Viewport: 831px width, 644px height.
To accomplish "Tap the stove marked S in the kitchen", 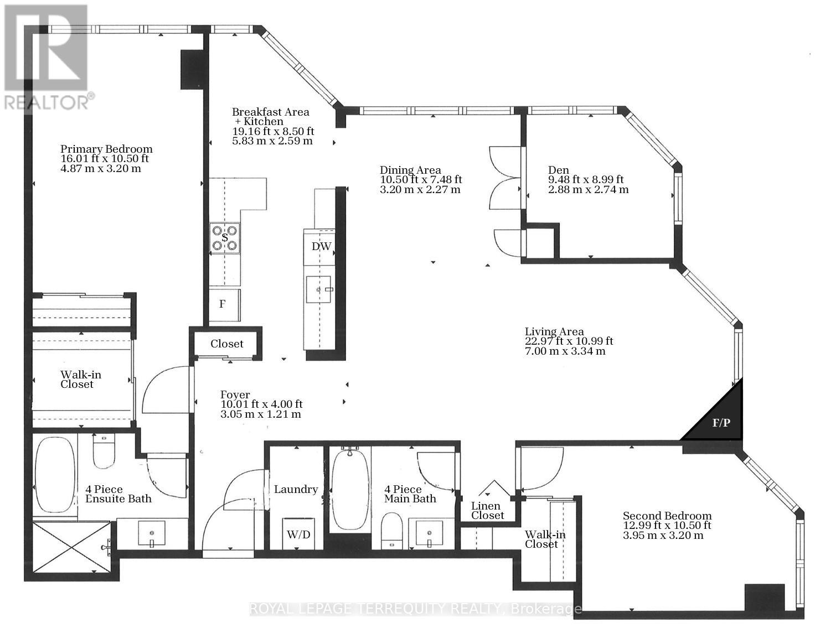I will click(225, 238).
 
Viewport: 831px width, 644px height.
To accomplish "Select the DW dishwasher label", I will click(321, 247).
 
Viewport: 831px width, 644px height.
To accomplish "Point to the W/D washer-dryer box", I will click(298, 534).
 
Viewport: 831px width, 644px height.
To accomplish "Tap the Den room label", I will click(559, 170).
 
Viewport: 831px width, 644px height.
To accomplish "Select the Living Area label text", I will click(554, 332).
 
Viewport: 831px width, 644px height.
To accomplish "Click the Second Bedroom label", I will click(667, 516).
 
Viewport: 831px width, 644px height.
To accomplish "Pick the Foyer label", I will click(235, 395).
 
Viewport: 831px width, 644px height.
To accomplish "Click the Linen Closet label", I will click(487, 511).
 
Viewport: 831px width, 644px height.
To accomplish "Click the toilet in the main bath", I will click(392, 530).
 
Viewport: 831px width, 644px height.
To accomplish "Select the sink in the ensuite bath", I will click(152, 534).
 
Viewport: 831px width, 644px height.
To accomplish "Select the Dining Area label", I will click(410, 170).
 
